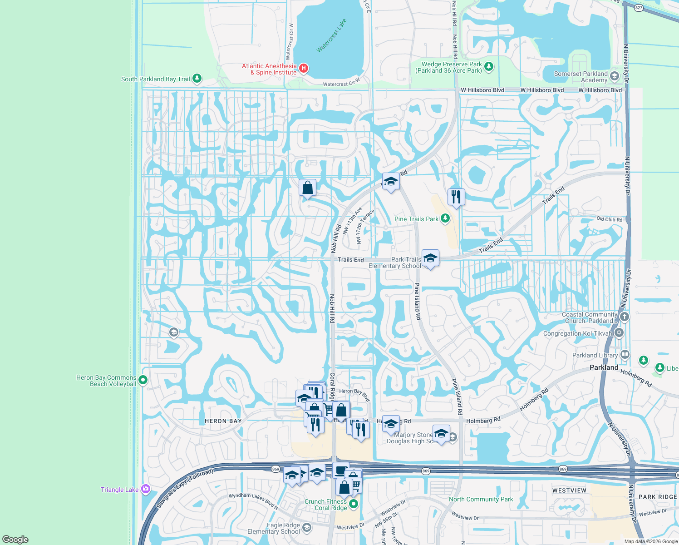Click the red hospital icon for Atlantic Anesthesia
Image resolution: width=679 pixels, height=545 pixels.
click(304, 69)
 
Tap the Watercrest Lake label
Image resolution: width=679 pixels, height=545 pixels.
click(331, 35)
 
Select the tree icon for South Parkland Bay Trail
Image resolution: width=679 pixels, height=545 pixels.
click(197, 79)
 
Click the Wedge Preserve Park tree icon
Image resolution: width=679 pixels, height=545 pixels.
click(488, 67)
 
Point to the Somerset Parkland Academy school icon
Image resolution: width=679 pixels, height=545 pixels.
click(615, 76)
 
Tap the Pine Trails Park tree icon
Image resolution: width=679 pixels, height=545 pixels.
click(445, 218)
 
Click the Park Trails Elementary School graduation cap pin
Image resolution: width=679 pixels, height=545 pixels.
click(430, 258)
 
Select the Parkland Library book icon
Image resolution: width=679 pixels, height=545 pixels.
click(625, 354)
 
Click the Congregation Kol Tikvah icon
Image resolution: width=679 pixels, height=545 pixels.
click(619, 333)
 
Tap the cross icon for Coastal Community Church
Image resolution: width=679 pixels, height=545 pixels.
click(625, 317)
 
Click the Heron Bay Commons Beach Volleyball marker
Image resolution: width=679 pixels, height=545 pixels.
click(143, 380)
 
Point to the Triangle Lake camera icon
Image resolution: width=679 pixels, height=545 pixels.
click(146, 489)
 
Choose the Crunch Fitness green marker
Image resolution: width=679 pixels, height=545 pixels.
click(354, 504)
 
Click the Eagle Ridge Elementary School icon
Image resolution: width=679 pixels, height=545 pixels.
click(307, 527)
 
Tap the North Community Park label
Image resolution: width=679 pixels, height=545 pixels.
click(481, 499)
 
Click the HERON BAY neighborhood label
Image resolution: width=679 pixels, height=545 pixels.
click(223, 421)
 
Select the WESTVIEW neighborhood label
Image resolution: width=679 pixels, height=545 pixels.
click(569, 490)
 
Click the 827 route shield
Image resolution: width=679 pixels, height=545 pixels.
click(639, 8)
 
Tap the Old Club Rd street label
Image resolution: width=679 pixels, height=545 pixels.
click(609, 219)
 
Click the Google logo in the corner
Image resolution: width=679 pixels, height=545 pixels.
click(15, 539)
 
